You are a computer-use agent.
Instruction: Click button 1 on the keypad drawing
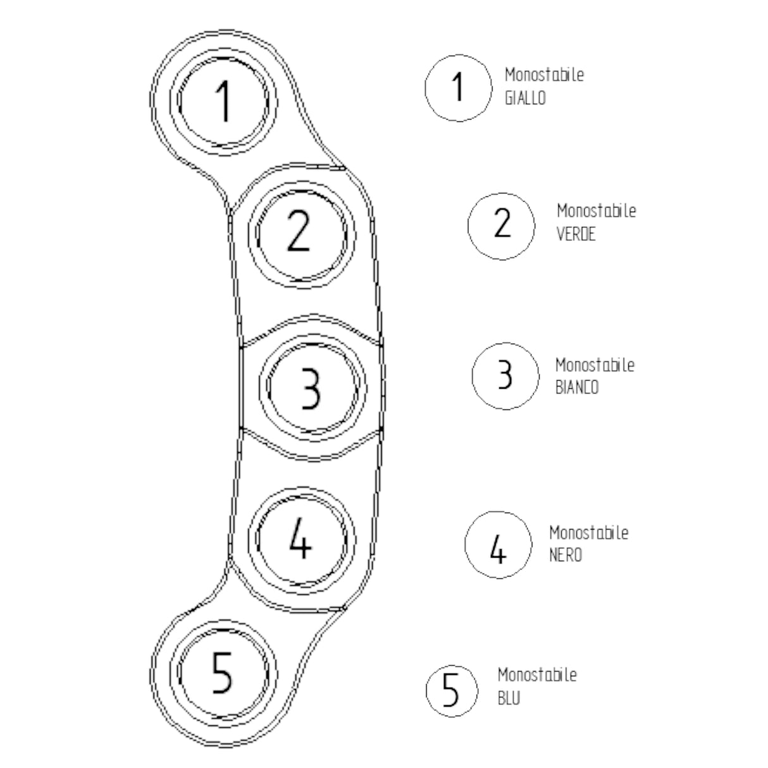click(x=223, y=101)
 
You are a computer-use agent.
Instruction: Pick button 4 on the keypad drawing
click(x=300, y=540)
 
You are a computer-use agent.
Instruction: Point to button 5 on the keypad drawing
click(x=223, y=672)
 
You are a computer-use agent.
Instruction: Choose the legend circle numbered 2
click(x=501, y=225)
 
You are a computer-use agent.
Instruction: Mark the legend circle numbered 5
click(x=450, y=690)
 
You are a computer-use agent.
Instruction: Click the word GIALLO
click(x=525, y=99)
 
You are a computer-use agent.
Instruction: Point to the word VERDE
click(x=576, y=234)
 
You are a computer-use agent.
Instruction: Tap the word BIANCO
click(x=576, y=388)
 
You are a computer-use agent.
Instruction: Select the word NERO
click(x=565, y=555)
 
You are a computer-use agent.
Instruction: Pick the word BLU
click(x=509, y=699)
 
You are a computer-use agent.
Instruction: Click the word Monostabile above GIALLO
click(x=544, y=75)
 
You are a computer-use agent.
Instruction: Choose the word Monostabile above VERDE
click(x=596, y=211)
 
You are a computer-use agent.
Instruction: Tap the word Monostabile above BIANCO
click(x=595, y=365)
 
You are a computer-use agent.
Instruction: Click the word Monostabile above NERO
click(x=588, y=533)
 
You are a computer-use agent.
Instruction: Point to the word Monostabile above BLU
click(x=536, y=675)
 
